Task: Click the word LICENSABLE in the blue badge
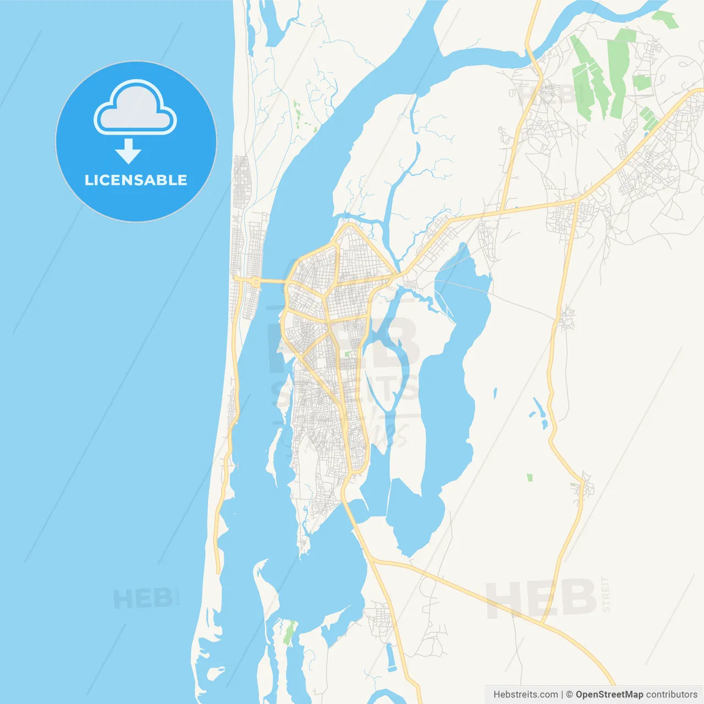click(x=136, y=180)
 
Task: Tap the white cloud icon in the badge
click(x=135, y=109)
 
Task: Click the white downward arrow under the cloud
click(x=129, y=151)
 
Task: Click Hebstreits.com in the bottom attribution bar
click(x=525, y=695)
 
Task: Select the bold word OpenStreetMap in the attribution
click(x=609, y=695)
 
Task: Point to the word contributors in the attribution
click(x=672, y=695)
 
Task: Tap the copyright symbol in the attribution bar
click(x=569, y=695)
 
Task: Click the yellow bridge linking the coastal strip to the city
click(x=272, y=282)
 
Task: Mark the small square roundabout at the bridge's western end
click(x=256, y=282)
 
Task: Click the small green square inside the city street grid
click(x=348, y=354)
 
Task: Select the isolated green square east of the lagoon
click(x=530, y=477)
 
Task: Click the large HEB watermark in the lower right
click(x=542, y=598)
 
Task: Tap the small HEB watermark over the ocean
click(x=143, y=598)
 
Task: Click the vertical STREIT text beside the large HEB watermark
click(x=606, y=594)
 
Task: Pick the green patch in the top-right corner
click(x=665, y=19)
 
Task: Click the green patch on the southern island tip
click(x=289, y=632)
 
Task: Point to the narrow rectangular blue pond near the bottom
click(x=391, y=657)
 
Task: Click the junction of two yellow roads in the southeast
click(x=542, y=623)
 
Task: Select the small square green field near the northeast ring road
click(x=641, y=82)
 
